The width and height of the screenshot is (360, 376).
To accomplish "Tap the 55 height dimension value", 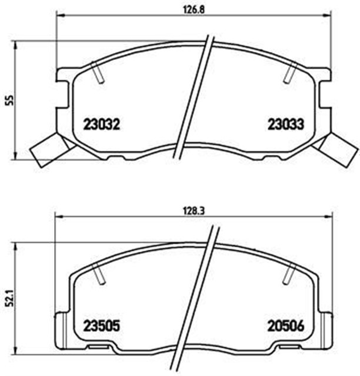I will tap(9, 100).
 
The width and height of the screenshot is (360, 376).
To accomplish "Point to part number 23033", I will tap(285, 125).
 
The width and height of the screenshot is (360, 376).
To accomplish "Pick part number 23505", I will tap(101, 325).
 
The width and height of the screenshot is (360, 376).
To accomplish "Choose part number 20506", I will tap(285, 325).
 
